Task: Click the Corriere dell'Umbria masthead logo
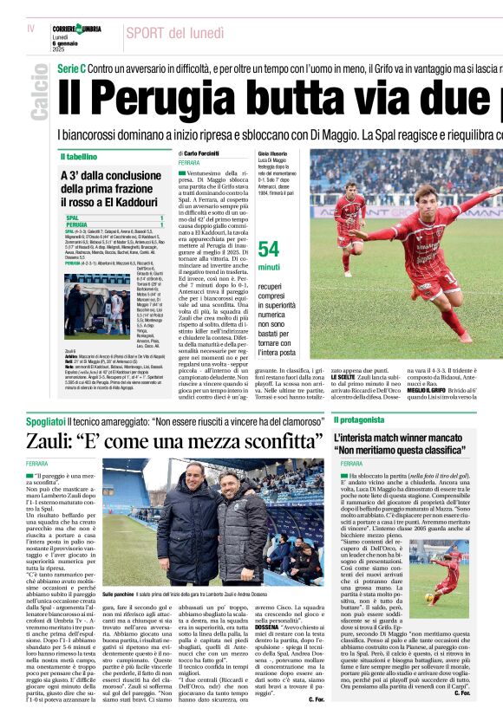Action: click(76, 29)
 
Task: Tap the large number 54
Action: click(269, 249)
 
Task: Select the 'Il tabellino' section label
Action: click(79, 157)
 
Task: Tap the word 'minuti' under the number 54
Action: click(269, 268)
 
